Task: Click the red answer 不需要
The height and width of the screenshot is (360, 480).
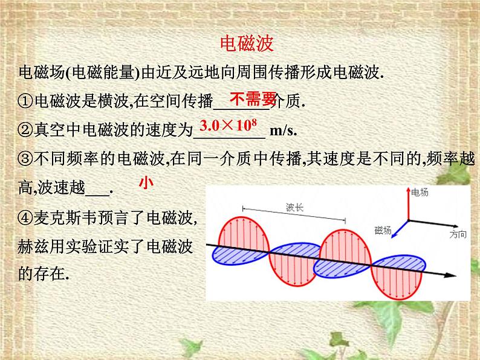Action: [253, 98]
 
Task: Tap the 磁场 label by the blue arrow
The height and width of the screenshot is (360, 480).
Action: [383, 230]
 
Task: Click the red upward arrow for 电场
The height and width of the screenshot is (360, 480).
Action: [407, 203]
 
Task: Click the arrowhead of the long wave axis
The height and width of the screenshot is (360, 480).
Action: [449, 276]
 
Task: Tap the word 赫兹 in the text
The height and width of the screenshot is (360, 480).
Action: [33, 247]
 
